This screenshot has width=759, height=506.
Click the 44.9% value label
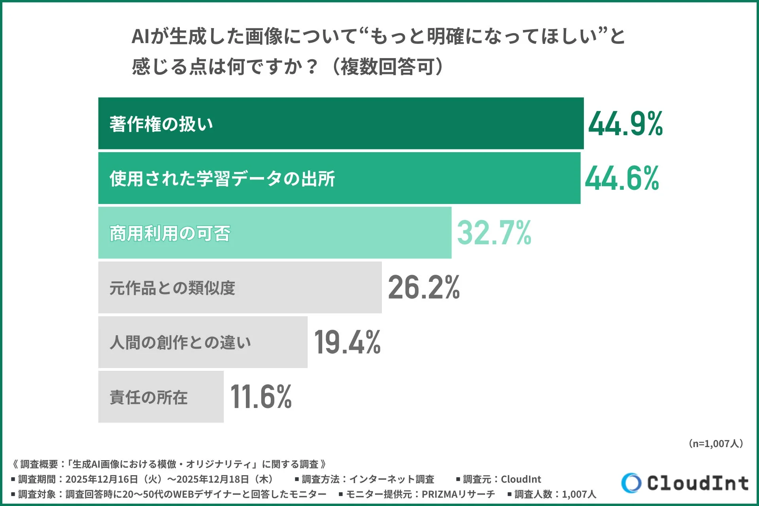(x=625, y=124)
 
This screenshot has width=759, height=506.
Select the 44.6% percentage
(x=622, y=179)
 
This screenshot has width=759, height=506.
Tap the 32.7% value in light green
(x=494, y=233)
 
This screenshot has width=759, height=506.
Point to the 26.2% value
(x=424, y=288)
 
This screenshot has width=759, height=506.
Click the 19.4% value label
(x=347, y=342)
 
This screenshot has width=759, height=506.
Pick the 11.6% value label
(x=261, y=397)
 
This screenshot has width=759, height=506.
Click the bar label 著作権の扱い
(x=161, y=124)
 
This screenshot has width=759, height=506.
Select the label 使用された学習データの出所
(x=222, y=179)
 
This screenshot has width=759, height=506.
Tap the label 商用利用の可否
(x=170, y=233)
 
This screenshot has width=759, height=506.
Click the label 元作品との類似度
(x=172, y=288)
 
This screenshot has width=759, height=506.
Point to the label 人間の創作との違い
(x=180, y=342)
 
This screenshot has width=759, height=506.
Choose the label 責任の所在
(x=149, y=397)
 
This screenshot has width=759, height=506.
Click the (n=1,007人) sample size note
(x=716, y=444)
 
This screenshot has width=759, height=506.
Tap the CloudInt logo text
(x=698, y=483)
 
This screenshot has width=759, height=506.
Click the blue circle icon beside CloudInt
(x=631, y=483)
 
